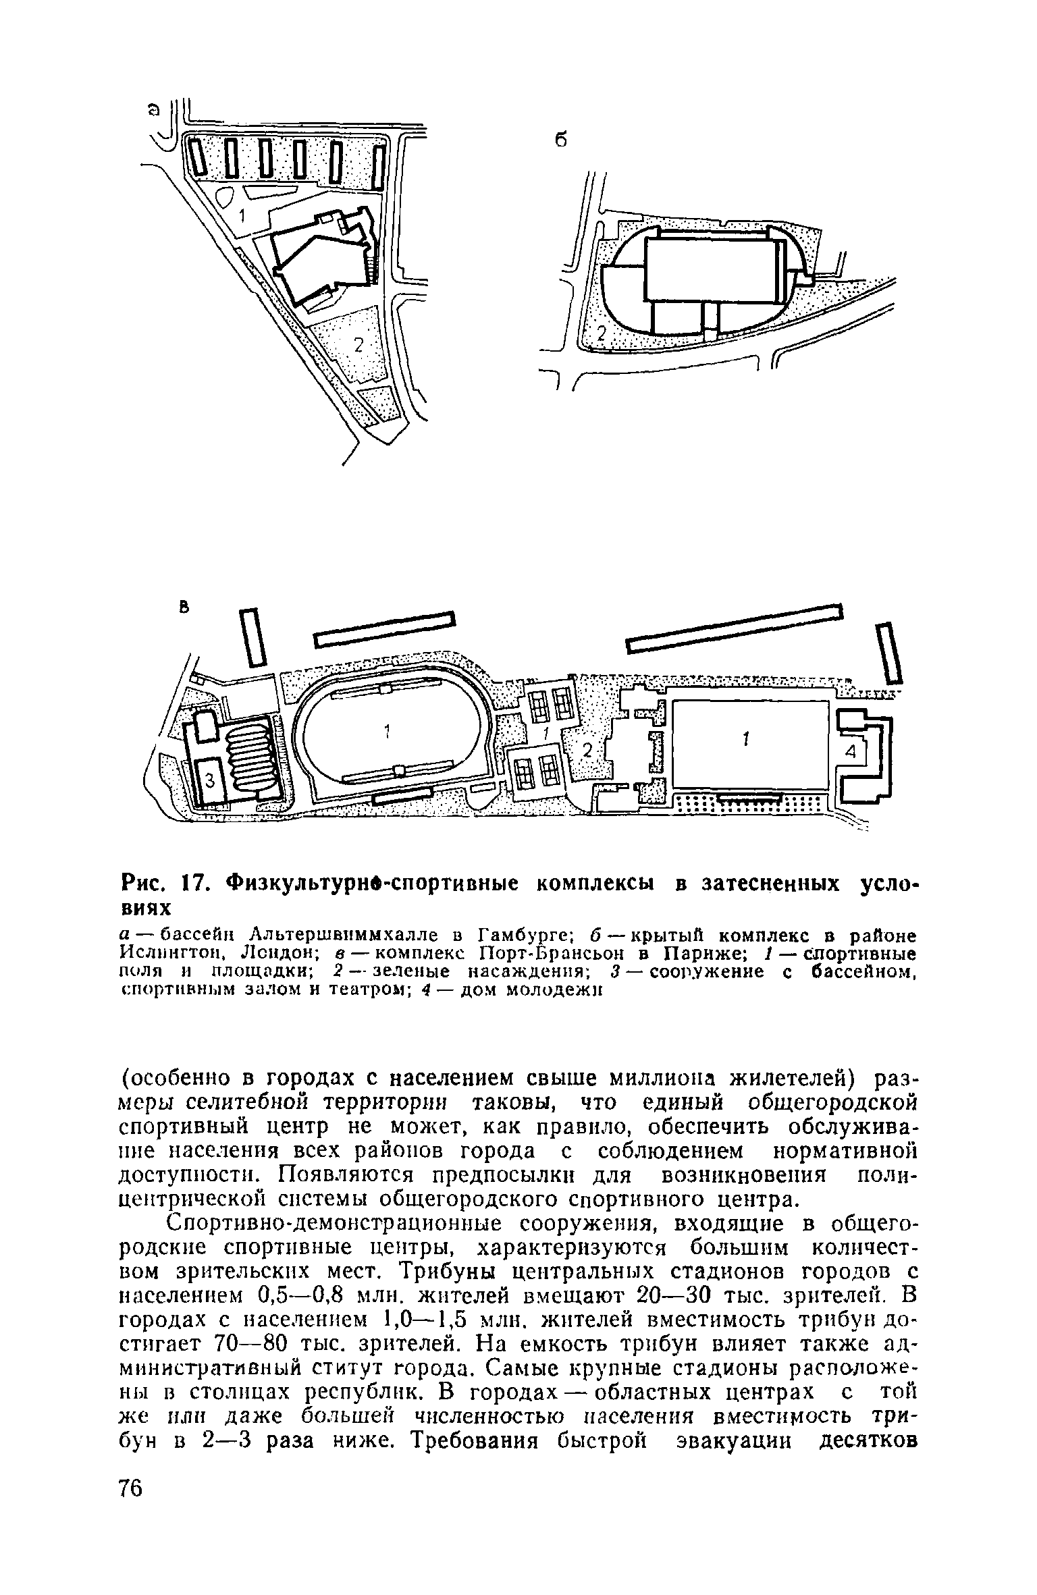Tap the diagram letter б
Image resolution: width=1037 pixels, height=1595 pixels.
click(x=560, y=140)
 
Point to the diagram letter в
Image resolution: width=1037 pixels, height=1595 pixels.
click(x=182, y=607)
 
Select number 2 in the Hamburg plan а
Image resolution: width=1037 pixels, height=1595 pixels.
click(x=359, y=345)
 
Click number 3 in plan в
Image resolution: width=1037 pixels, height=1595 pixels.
click(x=209, y=780)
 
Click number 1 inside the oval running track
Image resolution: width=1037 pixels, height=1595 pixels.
click(x=387, y=731)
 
